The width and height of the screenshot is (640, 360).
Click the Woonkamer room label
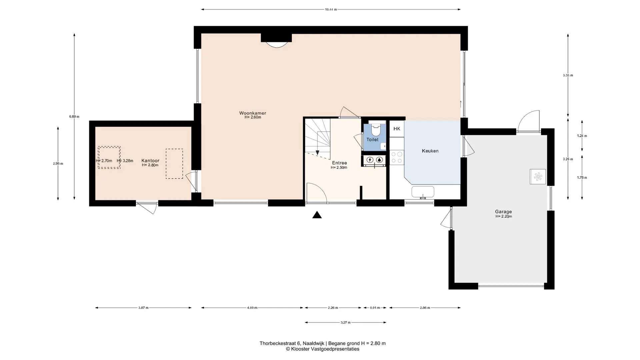coord(253,113)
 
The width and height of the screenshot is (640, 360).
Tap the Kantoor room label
coord(150,161)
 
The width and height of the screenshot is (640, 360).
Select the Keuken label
coord(430,151)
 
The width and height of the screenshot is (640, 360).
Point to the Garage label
coord(503,212)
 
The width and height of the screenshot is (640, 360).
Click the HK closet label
coord(397,129)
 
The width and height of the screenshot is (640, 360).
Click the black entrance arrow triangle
coord(317,215)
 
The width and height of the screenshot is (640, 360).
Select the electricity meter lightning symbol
coord(370,160)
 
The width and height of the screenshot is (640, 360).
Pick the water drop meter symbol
coord(379,160)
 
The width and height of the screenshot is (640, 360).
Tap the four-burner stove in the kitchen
coord(397,157)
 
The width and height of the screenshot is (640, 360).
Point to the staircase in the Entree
coord(317,137)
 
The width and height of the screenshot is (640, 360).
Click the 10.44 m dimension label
coord(331,10)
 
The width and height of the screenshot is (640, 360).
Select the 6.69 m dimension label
coord(74,117)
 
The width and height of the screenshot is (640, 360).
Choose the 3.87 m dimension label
coord(143,308)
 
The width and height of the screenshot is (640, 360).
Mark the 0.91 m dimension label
coord(375,308)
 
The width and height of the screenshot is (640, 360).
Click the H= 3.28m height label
coord(125,161)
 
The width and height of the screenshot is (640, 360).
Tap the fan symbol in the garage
coord(538,177)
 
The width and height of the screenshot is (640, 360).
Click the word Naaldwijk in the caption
coord(313,343)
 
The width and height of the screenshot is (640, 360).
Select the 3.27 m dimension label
coord(346,322)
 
